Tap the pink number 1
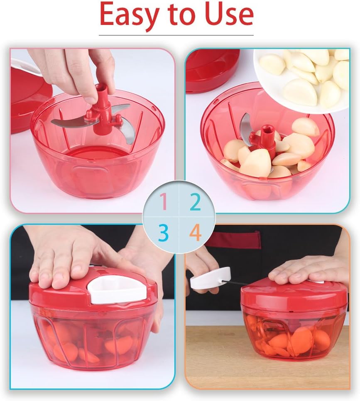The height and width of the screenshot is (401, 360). tap(164, 202)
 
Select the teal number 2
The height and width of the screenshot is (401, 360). tap(195, 202)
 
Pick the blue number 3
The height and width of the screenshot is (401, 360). tap(164, 232)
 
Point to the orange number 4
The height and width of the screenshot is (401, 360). tap(196, 232)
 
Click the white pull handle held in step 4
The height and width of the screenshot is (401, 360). tap(211, 278)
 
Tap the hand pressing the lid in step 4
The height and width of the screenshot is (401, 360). tap(310, 269)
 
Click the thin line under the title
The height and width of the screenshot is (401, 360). tap(176, 35)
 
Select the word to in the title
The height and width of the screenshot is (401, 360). tap(183, 15)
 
